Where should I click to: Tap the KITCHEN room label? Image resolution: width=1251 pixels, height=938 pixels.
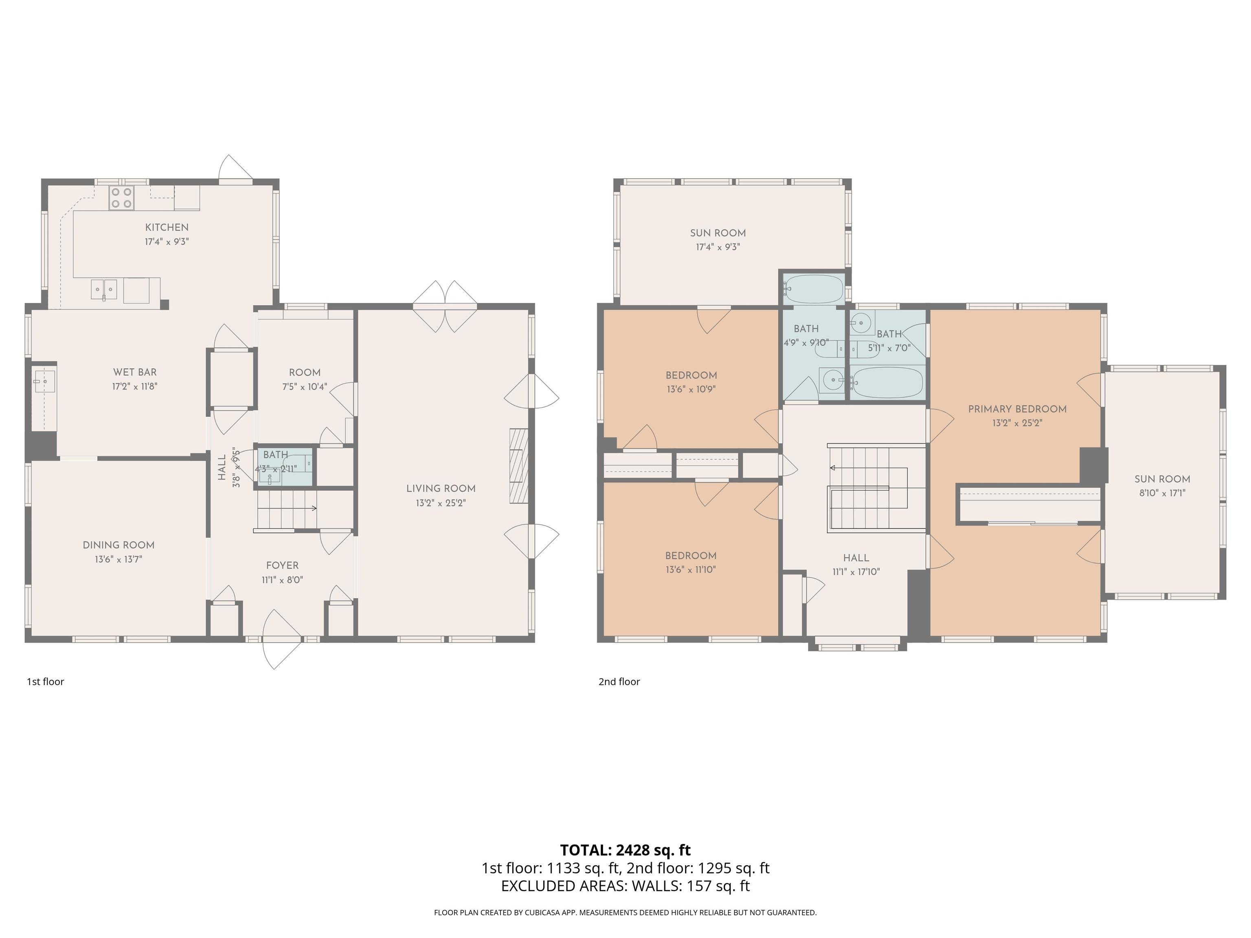point(167,227)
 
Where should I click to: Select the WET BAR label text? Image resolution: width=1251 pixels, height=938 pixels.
point(135,372)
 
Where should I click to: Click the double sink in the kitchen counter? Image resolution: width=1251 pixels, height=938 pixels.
point(104,289)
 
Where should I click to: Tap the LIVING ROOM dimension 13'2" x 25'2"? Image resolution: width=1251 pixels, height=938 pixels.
point(441,503)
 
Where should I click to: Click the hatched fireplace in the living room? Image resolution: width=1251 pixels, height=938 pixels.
point(519,466)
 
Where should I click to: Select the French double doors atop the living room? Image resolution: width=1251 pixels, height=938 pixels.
point(445,307)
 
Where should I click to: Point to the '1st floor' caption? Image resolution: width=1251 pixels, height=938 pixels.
point(45,682)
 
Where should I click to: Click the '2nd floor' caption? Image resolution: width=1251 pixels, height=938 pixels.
point(619,682)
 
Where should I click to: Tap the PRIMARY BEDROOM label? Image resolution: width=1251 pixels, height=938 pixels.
point(1017,409)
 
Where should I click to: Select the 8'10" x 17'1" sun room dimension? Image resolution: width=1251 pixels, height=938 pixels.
point(1162,493)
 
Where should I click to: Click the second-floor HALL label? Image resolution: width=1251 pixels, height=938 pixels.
point(856,557)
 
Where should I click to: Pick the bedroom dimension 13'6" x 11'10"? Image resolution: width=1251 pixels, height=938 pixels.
point(691,570)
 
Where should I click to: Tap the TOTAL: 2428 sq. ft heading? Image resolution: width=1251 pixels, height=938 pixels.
point(625,850)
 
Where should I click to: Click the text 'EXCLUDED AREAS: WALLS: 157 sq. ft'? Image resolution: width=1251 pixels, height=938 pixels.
point(625,886)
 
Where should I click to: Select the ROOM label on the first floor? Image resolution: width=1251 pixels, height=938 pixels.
point(305,373)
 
